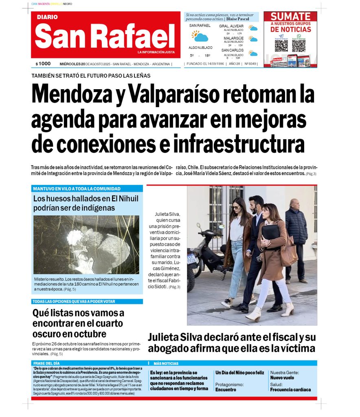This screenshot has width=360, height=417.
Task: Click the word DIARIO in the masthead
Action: (x=47, y=17)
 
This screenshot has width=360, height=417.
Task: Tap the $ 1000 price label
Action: (x=43, y=64)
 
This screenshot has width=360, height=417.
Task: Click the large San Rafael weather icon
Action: (x=200, y=36)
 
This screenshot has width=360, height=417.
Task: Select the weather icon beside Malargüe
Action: (x=253, y=40)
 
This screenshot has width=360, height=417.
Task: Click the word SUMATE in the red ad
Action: (x=290, y=17)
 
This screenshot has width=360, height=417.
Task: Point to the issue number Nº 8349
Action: (x=250, y=64)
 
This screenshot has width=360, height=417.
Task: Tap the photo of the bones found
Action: (x=86, y=244)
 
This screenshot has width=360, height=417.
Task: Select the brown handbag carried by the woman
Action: (x=288, y=252)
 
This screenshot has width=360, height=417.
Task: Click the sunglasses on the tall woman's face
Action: (x=236, y=207)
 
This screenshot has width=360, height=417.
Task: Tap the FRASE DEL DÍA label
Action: (x=46, y=363)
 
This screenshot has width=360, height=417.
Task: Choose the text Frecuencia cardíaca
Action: (x=290, y=390)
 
